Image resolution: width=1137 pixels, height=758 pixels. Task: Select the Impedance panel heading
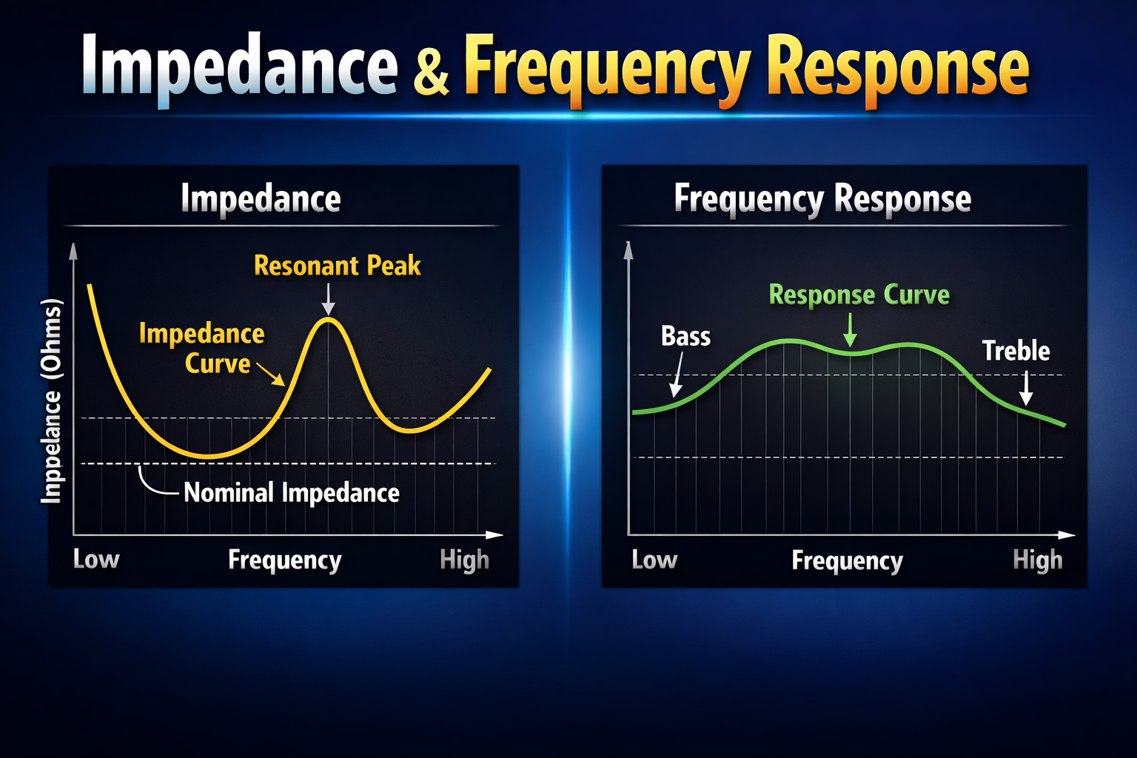coord(261,198)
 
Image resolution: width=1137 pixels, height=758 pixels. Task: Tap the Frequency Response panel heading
coord(822,198)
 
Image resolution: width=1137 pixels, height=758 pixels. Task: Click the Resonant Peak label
coord(337,265)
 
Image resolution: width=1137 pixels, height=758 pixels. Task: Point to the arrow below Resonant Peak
coord(328,300)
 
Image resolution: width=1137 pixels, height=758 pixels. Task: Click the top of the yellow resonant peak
coord(329,319)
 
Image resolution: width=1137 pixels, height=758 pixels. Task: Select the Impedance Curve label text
coord(203,348)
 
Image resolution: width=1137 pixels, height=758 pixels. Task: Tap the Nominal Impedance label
coord(291,492)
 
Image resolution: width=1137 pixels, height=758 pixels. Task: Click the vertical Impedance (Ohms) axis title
coord(51,401)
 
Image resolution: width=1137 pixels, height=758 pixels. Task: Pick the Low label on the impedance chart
coord(96,559)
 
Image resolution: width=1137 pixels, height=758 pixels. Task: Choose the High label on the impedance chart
coord(464,560)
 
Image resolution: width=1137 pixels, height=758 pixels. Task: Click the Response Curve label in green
coord(859,295)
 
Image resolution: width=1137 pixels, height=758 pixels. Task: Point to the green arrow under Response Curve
coord(851,329)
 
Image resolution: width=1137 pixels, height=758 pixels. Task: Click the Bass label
coord(685,336)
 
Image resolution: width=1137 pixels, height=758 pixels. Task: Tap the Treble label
coord(1016,350)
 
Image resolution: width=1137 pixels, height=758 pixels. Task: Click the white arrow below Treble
coord(1025,388)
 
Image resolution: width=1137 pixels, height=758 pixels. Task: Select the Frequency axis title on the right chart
coord(847,560)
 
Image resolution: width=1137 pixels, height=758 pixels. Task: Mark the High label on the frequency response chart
coord(1037,560)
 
